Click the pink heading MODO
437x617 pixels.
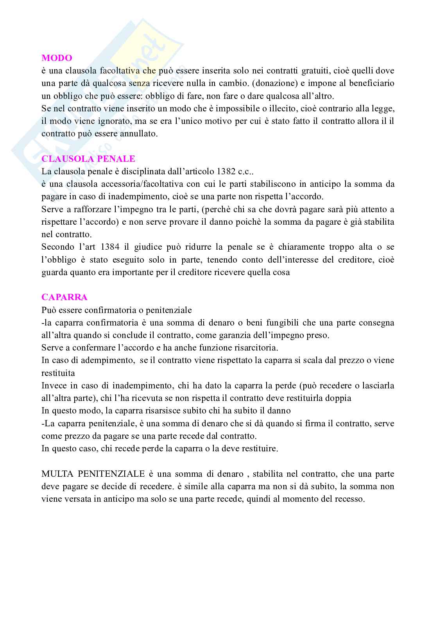pyautogui.click(x=57, y=58)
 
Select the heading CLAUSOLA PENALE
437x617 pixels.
pyautogui.click(x=88, y=159)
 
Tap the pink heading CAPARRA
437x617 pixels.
pyautogui.click(x=64, y=297)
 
